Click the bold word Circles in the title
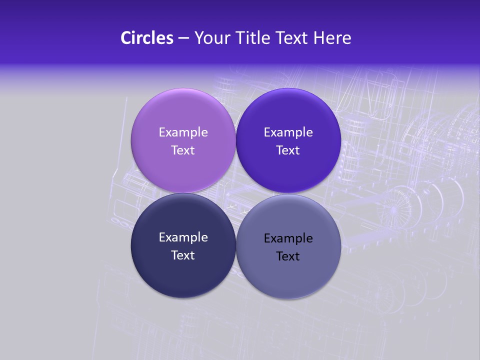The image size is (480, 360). point(147,38)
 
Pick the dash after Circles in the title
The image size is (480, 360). point(183,38)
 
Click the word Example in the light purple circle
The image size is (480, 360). point(183,132)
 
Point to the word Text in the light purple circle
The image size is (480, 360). point(183,150)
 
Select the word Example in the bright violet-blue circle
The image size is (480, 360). point(288,132)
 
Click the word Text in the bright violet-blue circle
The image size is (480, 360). point(288,150)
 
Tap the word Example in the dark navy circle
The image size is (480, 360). point(183,237)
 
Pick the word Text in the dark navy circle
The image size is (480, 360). point(183,255)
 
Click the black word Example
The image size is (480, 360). point(288,238)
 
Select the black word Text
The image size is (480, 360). point(288,256)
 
